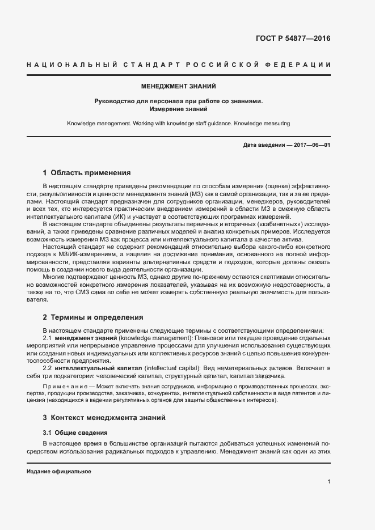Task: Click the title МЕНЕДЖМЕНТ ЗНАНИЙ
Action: [x=178, y=87]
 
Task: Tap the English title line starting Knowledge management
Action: [x=178, y=123]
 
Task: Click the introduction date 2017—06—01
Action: [x=311, y=145]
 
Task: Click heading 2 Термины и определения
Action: [x=93, y=317]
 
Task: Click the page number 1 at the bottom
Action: [x=329, y=482]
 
